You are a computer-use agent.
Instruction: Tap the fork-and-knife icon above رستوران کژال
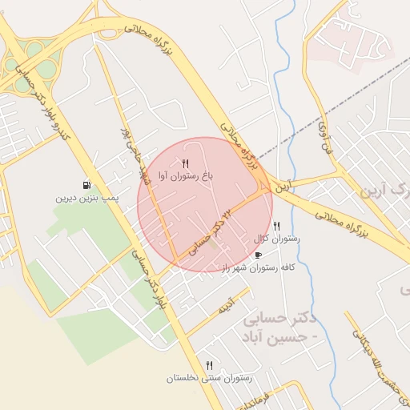277,227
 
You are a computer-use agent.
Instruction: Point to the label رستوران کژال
277,239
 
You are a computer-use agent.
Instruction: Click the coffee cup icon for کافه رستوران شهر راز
258,255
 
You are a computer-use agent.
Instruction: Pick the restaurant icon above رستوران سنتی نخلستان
210,365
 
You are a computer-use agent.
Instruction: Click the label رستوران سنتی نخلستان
210,377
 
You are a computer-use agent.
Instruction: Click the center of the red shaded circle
205,205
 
